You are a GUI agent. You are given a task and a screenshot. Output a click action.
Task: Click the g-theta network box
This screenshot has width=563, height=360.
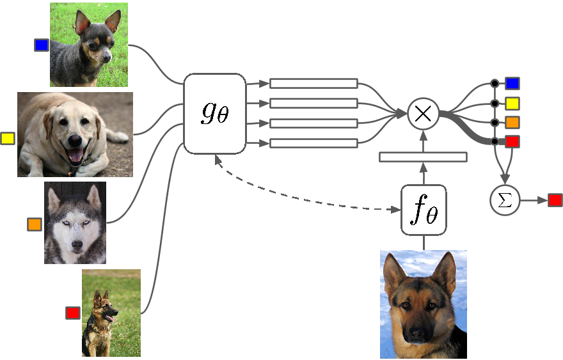(x=215, y=113)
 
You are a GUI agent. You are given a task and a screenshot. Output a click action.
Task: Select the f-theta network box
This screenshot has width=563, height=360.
(x=424, y=210)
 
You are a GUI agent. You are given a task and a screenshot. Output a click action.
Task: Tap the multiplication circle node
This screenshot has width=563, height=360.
(x=423, y=114)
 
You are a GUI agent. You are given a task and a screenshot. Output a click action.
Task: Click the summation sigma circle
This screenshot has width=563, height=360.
(x=505, y=200)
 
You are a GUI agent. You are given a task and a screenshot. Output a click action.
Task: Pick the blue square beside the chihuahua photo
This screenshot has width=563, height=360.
(x=42, y=45)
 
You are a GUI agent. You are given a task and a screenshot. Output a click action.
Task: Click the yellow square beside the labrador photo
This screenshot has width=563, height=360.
(x=8, y=138)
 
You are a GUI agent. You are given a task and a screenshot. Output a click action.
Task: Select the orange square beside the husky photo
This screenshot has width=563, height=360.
(x=35, y=224)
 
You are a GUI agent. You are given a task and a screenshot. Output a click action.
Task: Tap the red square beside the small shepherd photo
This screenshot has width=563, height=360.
(x=73, y=313)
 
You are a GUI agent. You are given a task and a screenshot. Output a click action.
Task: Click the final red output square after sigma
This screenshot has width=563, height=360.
(x=555, y=200)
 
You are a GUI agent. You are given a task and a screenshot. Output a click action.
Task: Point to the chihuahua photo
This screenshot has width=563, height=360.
(x=88, y=45)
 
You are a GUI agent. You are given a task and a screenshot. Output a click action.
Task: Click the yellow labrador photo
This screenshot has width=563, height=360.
(x=75, y=134)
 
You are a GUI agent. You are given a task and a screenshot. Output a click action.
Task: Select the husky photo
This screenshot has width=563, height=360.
(x=75, y=223)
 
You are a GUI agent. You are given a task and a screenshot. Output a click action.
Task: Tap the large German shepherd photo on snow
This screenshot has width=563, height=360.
(x=423, y=304)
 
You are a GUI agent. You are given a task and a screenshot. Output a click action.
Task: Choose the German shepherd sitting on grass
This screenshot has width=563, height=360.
(x=111, y=313)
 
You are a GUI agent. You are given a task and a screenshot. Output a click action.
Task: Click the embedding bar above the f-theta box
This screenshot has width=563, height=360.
(x=423, y=157)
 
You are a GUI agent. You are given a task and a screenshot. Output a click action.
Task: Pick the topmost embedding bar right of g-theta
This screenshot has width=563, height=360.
(x=313, y=83)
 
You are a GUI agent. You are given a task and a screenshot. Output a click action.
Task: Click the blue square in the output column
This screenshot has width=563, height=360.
(x=512, y=83)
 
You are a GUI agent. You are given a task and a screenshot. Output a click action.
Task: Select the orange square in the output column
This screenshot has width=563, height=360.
(x=512, y=122)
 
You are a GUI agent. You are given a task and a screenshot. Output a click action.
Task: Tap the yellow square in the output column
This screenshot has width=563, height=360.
(x=512, y=103)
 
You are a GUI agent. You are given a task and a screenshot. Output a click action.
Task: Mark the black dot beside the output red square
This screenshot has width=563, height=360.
(x=495, y=141)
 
